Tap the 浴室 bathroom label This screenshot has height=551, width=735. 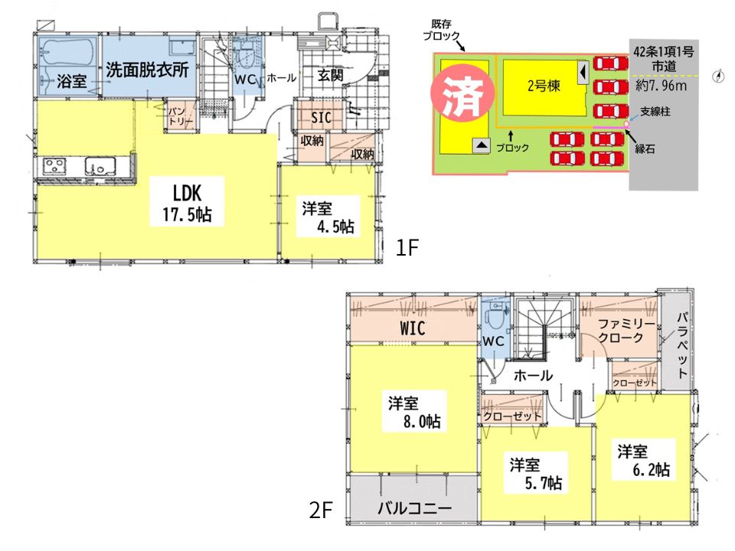[x=72, y=81]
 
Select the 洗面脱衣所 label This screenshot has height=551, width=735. [x=147, y=70]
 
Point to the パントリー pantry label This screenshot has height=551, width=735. [x=181, y=116]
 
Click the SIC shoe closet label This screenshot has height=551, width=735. [x=321, y=118]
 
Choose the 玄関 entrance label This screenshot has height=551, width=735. [x=331, y=75]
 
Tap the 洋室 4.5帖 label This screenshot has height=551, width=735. [x=328, y=217]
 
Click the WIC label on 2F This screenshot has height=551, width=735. [x=413, y=328]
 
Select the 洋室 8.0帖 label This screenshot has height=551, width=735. [x=414, y=412]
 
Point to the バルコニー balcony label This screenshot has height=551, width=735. [x=415, y=508]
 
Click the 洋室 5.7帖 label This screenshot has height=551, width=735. [x=536, y=474]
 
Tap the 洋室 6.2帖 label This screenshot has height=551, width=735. [x=644, y=461]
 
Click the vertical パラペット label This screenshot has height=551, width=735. [x=682, y=345]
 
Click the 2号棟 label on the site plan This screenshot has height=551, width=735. [x=544, y=86]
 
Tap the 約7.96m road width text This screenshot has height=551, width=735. [x=661, y=85]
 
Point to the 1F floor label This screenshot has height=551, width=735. [x=407, y=248]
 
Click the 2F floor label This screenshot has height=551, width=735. [x=321, y=510]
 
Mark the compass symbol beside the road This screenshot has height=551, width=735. [x=718, y=77]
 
